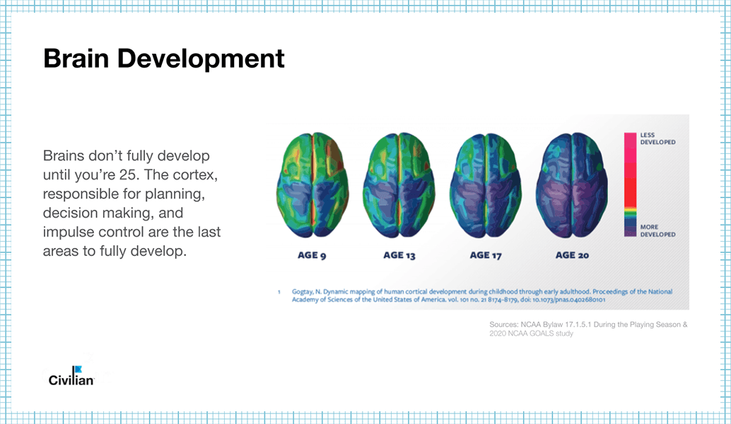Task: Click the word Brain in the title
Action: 76,59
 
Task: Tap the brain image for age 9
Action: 312,185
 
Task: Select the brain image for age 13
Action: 399,185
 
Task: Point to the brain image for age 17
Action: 486,185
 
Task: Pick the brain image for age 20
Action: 572,185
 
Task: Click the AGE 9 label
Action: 312,255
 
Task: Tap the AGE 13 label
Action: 399,255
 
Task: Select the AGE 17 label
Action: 485,255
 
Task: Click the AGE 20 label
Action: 572,255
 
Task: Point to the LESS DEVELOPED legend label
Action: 657,139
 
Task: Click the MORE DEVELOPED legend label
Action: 657,230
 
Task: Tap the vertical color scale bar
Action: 631,184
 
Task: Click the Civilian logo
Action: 71,377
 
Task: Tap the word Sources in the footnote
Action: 503,325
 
